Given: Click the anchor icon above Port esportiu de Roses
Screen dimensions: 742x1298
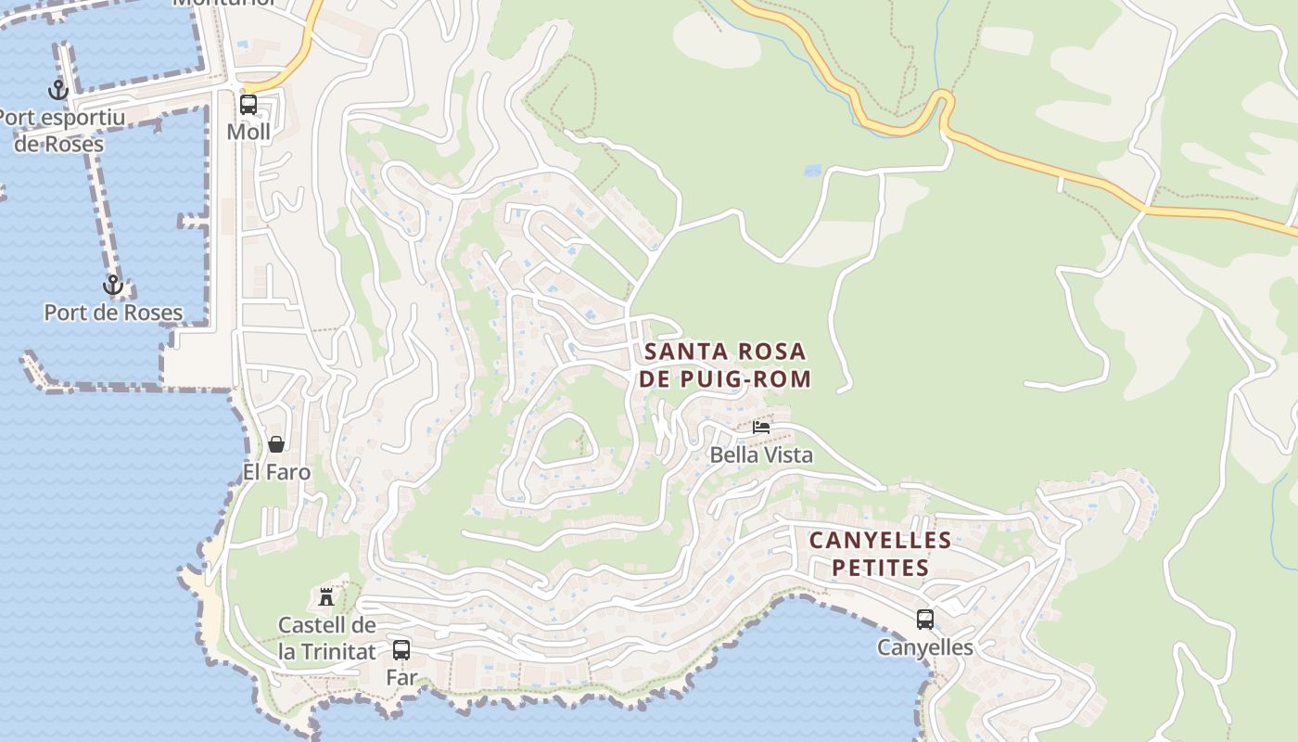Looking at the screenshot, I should coord(58,90).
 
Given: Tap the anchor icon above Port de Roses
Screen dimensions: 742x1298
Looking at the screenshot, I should coord(113,285).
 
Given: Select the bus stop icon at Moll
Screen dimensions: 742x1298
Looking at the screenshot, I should coord(248,104).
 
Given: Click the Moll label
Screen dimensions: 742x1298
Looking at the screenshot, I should coord(248,132).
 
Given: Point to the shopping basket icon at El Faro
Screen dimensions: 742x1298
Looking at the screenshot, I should coord(276,444).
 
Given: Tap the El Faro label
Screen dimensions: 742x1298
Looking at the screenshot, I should coord(276,472).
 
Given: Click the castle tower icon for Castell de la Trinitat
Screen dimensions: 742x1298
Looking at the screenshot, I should coord(325,596).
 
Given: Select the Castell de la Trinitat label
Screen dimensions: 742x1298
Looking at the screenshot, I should coord(327,638).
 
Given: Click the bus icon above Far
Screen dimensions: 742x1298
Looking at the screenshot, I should coord(401,649).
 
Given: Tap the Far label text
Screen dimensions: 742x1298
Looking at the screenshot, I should coord(401,677).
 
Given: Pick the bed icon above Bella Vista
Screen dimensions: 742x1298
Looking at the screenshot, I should coord(761,427).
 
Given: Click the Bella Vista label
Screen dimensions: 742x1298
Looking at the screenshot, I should coord(761,454).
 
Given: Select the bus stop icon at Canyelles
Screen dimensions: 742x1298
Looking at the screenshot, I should coord(925,619).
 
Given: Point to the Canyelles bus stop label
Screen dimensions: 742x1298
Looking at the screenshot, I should coord(925,647).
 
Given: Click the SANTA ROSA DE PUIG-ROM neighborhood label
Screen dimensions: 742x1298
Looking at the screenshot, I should coord(725,365).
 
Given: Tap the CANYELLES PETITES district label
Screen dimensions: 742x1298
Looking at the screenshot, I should coord(880,554).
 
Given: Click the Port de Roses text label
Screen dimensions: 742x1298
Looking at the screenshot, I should coord(113,313).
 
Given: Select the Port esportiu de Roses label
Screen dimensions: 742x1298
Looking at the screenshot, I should coord(60,131).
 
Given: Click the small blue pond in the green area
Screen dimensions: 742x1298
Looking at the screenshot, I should coord(813,171).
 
